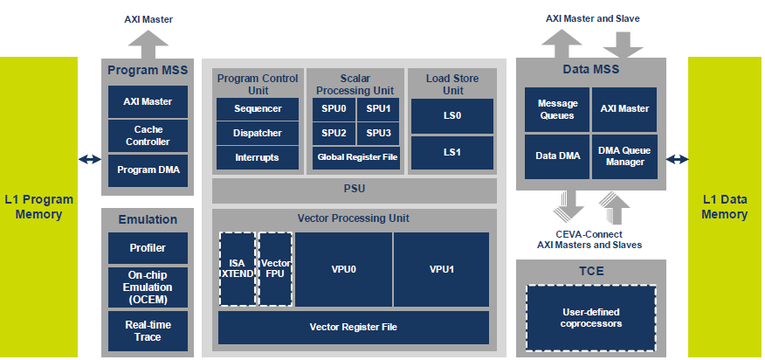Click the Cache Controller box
point(148,135)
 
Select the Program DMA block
point(148,170)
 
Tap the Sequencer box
point(257,109)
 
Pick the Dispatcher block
point(257,134)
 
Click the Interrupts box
point(257,158)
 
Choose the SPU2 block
point(334,134)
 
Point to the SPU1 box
point(379,109)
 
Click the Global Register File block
point(356,158)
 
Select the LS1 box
point(452,152)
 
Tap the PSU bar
point(355,190)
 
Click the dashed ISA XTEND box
point(238,269)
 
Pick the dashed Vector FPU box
point(276,269)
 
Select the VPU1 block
point(441,269)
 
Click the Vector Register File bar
point(354,328)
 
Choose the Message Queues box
point(557,109)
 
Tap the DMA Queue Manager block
point(624,156)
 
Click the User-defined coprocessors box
point(591,318)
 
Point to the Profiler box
point(148,247)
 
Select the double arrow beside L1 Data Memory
point(677,159)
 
